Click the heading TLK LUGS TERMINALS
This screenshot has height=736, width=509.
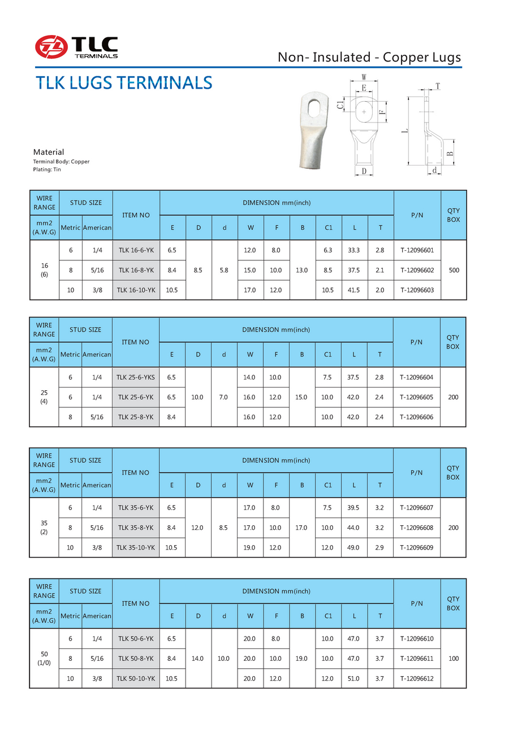coord(124,83)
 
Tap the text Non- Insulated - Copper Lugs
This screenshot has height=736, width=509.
coord(369,57)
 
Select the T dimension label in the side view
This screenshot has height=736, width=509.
coord(437,86)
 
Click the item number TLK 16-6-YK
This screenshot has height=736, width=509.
coord(136,250)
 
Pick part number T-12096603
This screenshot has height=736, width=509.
coord(417,290)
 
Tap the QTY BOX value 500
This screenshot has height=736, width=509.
coord(454,270)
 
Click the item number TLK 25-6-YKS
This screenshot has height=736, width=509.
coord(136,377)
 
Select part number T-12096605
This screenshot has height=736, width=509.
coord(416,397)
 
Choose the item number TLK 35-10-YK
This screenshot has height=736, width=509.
coord(136,547)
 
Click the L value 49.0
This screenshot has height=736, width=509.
coord(353,547)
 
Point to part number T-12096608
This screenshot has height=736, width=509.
coord(416,528)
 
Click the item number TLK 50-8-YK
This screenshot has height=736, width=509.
coord(136,659)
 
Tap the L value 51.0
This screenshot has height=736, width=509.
coord(353,678)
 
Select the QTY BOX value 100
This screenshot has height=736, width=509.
coord(453,659)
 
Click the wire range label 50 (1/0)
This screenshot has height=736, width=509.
coord(44,659)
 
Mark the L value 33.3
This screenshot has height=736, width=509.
coord(354,250)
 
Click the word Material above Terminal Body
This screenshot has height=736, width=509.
coord(49,152)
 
